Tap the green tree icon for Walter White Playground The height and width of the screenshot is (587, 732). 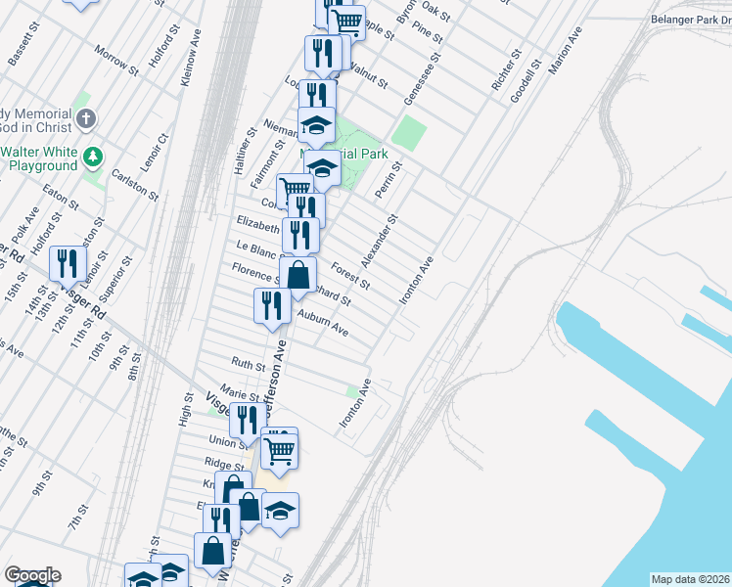pyautogui.click(x=94, y=156)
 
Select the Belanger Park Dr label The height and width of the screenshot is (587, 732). pyautogui.click(x=691, y=20)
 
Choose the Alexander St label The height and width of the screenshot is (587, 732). pyautogui.click(x=380, y=241)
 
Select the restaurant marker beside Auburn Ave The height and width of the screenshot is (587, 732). pyautogui.click(x=271, y=306)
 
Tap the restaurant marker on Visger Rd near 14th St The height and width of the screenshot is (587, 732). pyautogui.click(x=68, y=263)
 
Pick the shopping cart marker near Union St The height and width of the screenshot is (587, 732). pyautogui.click(x=279, y=450)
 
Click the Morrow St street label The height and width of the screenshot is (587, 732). pyautogui.click(x=116, y=59)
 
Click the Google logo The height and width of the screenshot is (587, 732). pyautogui.click(x=31, y=575)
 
